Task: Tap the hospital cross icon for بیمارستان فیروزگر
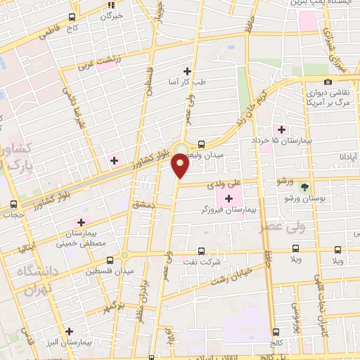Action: click(x=229, y=198)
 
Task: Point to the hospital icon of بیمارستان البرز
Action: click(x=69, y=331)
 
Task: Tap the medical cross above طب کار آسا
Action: click(x=187, y=70)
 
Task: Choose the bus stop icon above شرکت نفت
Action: click(x=202, y=250)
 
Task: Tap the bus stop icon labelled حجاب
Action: click(x=13, y=205)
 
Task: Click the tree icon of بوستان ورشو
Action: click(x=304, y=188)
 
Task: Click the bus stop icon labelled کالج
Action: click(x=276, y=332)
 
